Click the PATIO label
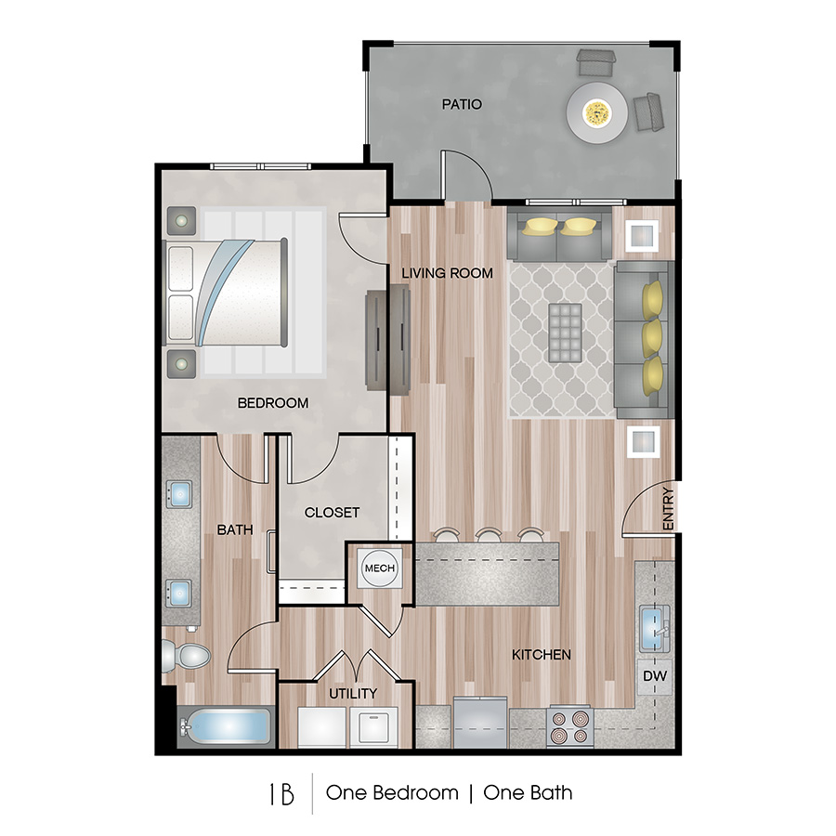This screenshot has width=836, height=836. click(462, 104)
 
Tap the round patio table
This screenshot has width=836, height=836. click(597, 113)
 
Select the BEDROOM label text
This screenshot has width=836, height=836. click(272, 403)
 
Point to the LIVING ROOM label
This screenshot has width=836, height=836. click(447, 273)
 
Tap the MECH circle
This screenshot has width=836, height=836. click(380, 568)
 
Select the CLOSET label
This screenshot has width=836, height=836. click(332, 512)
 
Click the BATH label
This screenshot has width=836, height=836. click(235, 530)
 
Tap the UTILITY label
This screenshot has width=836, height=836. click(353, 693)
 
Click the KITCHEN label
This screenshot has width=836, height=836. click(541, 655)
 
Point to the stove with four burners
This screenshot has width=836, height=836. click(570, 725)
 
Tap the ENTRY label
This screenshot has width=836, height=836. click(669, 509)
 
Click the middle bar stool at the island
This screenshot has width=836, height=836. click(489, 536)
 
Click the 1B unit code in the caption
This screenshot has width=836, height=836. click(281, 793)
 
